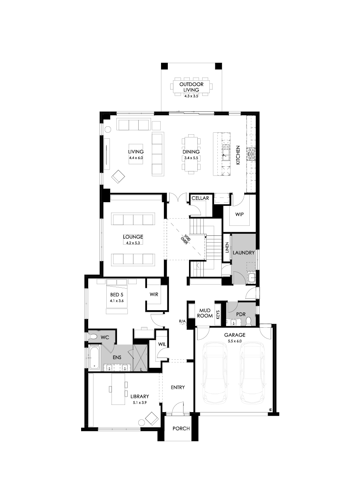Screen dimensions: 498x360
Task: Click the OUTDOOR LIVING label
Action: pyautogui.click(x=191, y=87)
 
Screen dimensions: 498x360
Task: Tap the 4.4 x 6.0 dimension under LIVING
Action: pyautogui.click(x=136, y=158)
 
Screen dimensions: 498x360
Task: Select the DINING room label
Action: pyautogui.click(x=191, y=152)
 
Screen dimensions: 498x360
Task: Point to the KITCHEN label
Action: pyautogui.click(x=237, y=155)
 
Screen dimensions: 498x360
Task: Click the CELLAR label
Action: pyautogui.click(x=200, y=198)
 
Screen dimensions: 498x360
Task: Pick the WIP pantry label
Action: pyautogui.click(x=239, y=214)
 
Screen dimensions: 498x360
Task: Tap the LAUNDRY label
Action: pyautogui.click(x=243, y=253)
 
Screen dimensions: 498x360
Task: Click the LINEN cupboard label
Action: pyautogui.click(x=227, y=248)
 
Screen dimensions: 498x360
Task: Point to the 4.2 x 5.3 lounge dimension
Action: pyautogui.click(x=133, y=243)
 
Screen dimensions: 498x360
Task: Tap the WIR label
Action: pyautogui.click(x=154, y=295)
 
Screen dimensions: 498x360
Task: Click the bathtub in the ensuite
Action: pyautogui.click(x=94, y=357)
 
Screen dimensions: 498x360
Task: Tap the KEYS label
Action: pyautogui.click(x=218, y=314)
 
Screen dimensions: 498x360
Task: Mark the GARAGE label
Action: pyautogui.click(x=235, y=335)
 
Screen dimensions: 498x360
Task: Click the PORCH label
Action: pyautogui.click(x=181, y=428)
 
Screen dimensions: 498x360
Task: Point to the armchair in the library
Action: pyautogui.click(x=151, y=418)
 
